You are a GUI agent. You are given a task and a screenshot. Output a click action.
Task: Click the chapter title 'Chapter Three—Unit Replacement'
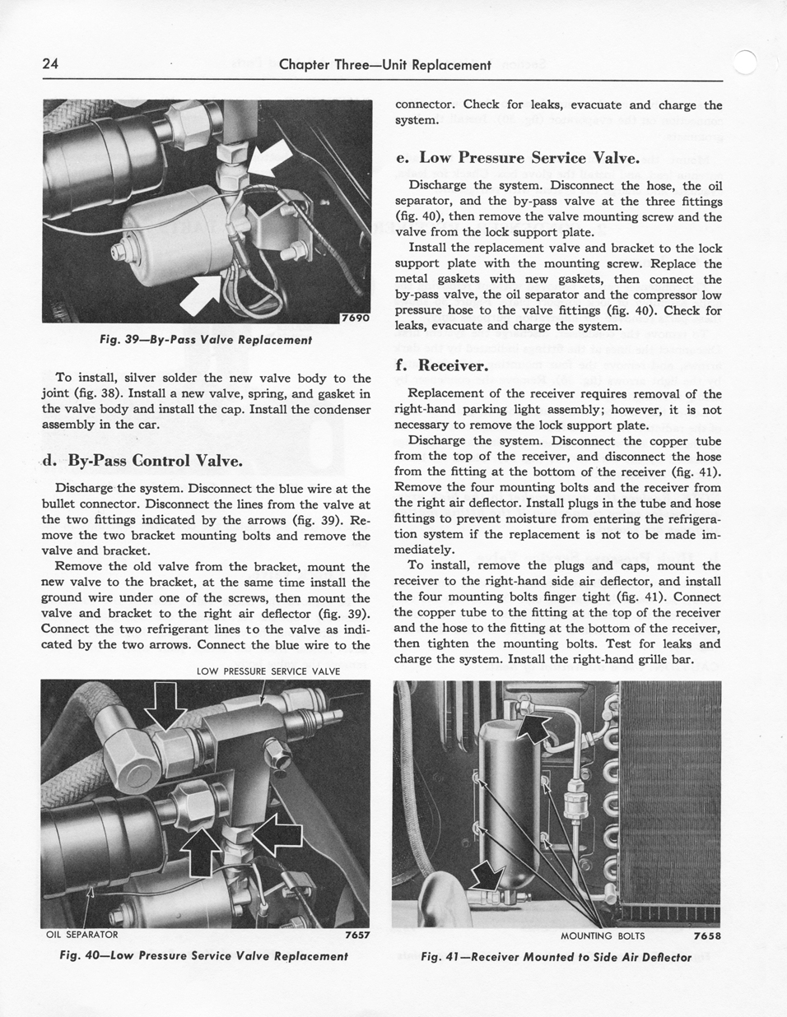pyautogui.click(x=384, y=64)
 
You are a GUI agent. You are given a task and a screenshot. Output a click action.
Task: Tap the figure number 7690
pyautogui.click(x=355, y=318)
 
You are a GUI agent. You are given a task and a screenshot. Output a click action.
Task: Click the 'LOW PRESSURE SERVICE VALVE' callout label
pyautogui.click(x=268, y=671)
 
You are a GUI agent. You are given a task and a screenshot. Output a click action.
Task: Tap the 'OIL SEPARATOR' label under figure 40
pyautogui.click(x=81, y=935)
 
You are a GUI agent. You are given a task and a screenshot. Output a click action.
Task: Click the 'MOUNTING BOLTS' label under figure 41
pyautogui.click(x=603, y=936)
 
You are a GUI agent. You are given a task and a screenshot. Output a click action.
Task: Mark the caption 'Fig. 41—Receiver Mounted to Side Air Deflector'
pyautogui.click(x=556, y=957)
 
